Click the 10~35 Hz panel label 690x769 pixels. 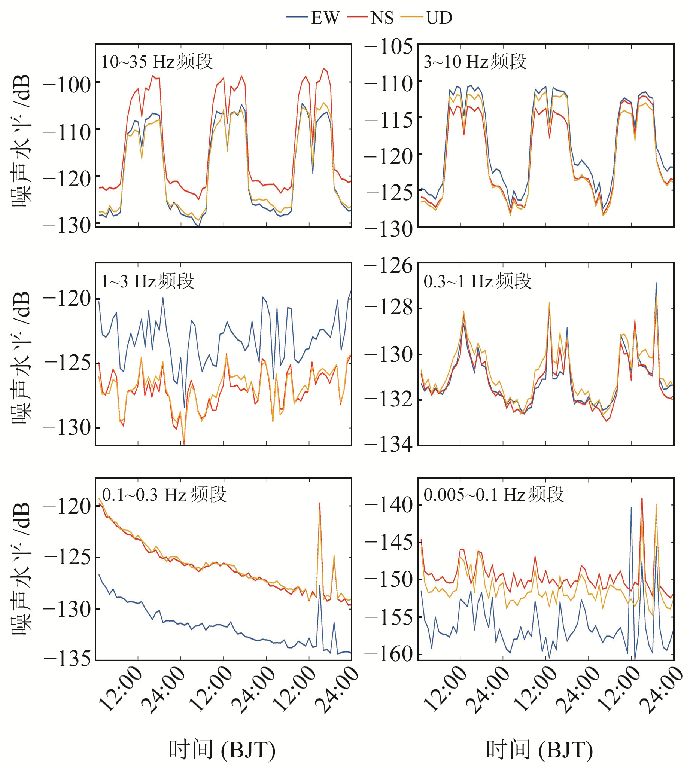click(157, 61)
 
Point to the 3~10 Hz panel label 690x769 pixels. click(475, 61)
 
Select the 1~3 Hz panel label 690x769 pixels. click(148, 281)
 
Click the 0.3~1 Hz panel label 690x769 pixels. click(477, 281)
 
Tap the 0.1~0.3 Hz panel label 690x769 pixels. click(164, 495)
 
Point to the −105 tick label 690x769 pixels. click(389, 47)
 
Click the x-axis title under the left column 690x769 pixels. click(222, 750)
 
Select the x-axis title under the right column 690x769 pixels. click(539, 750)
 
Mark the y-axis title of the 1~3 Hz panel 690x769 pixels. click(21, 358)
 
